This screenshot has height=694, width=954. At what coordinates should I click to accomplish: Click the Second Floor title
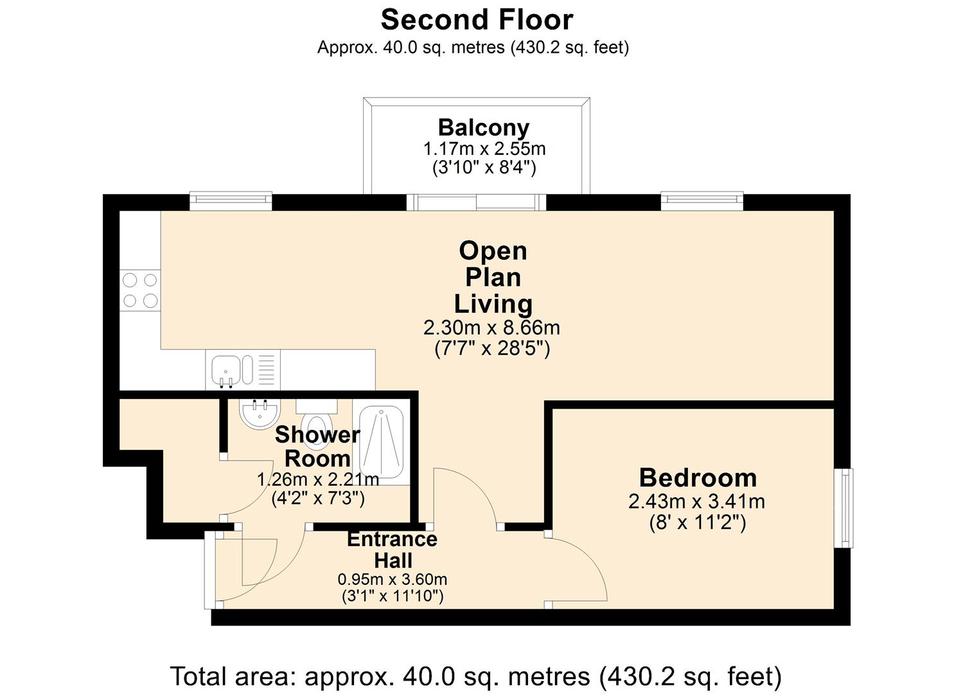477,20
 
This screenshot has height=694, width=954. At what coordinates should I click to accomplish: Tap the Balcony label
483,128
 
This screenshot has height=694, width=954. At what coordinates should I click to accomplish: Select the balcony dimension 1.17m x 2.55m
484,149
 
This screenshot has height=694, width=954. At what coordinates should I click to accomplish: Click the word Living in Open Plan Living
493,304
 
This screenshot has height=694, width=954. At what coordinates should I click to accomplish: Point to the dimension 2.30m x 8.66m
491,328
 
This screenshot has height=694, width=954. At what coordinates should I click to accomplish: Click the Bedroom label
698,478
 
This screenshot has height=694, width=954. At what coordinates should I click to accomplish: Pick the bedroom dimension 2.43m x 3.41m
697,501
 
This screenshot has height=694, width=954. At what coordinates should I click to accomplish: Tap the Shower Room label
317,447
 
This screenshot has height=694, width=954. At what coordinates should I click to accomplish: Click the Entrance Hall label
393,549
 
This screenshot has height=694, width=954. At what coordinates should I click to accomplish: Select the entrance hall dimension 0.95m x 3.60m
393,580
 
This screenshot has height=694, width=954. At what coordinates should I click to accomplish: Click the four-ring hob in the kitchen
140,290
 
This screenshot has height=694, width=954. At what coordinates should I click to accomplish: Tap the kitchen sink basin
225,370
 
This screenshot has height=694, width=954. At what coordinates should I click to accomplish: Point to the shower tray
381,442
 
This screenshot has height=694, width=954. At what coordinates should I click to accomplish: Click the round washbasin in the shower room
260,414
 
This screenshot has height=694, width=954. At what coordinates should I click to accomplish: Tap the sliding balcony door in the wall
476,202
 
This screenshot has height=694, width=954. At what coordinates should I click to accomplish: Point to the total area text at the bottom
476,676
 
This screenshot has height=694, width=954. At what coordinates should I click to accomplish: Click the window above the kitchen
231,200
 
